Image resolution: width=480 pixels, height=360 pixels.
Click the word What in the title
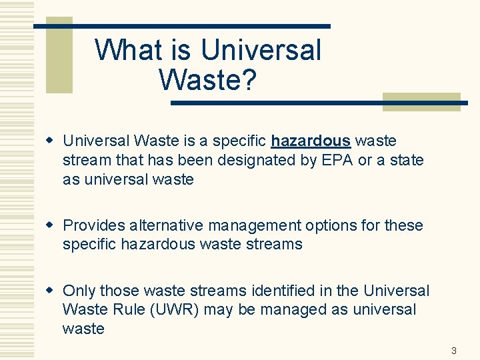click(125, 50)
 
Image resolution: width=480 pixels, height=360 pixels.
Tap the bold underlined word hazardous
click(311, 141)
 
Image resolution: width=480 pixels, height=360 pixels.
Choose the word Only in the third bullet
click(78, 291)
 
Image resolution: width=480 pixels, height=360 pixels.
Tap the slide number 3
click(454, 351)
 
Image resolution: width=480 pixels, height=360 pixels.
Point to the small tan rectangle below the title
click(421, 101)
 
